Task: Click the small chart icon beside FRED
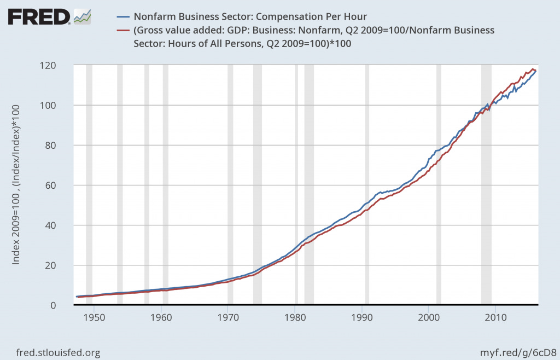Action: tap(82, 16)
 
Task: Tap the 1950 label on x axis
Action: tap(94, 317)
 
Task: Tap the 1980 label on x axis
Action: tap(295, 317)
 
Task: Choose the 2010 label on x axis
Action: tap(495, 317)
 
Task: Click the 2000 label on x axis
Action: tap(428, 317)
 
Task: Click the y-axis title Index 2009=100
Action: tap(16, 185)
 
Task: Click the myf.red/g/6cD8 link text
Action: tap(518, 353)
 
